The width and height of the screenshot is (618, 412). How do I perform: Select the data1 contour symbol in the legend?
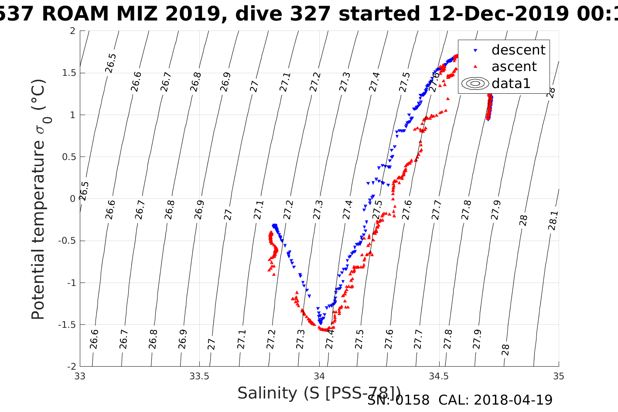tap(475, 83)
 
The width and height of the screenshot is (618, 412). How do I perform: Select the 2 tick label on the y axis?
tap(72, 31)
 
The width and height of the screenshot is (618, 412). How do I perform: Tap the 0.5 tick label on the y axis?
tap(68, 157)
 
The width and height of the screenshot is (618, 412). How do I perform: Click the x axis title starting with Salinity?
tap(318, 393)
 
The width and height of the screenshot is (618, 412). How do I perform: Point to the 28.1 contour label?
tap(553, 221)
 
